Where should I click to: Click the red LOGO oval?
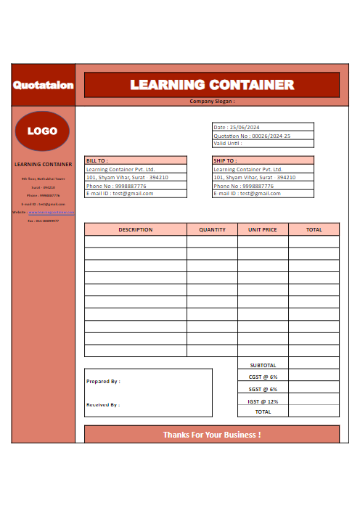click(42, 131)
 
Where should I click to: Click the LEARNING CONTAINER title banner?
click(212, 85)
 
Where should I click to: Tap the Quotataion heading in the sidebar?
click(43, 85)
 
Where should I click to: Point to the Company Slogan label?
click(212, 102)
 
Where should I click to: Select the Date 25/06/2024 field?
click(237, 127)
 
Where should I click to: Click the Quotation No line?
click(252, 136)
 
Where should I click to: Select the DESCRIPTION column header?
click(136, 229)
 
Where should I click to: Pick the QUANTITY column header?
click(212, 229)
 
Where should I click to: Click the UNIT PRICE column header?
click(263, 229)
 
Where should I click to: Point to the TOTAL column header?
click(314, 229)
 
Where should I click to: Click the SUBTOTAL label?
click(263, 365)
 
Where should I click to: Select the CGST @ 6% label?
click(263, 377)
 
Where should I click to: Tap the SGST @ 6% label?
click(263, 389)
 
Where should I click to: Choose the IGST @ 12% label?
click(263, 401)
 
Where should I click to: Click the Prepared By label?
click(103, 381)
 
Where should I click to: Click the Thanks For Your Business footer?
click(212, 435)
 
